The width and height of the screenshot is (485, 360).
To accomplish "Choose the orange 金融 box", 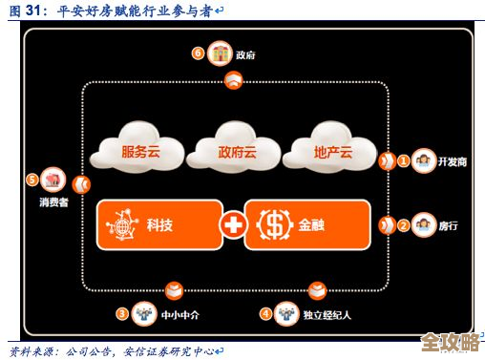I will tap(306, 225).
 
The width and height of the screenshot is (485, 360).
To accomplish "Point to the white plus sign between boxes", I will tap(232, 225).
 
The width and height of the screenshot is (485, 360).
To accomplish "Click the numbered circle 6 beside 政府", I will tap(198, 53).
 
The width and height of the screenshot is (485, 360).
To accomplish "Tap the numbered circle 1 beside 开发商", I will tap(404, 161).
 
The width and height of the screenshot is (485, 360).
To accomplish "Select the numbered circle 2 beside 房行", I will tap(404, 225).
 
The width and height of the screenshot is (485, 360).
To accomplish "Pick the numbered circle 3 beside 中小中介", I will tap(122, 312).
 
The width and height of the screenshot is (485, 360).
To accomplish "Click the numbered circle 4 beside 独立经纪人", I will tap(266, 312).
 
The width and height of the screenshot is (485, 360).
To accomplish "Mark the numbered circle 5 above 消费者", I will tap(32, 179).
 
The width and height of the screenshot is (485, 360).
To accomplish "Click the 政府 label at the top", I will tap(245, 54).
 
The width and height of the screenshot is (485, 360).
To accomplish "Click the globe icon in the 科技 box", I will tap(122, 225).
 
